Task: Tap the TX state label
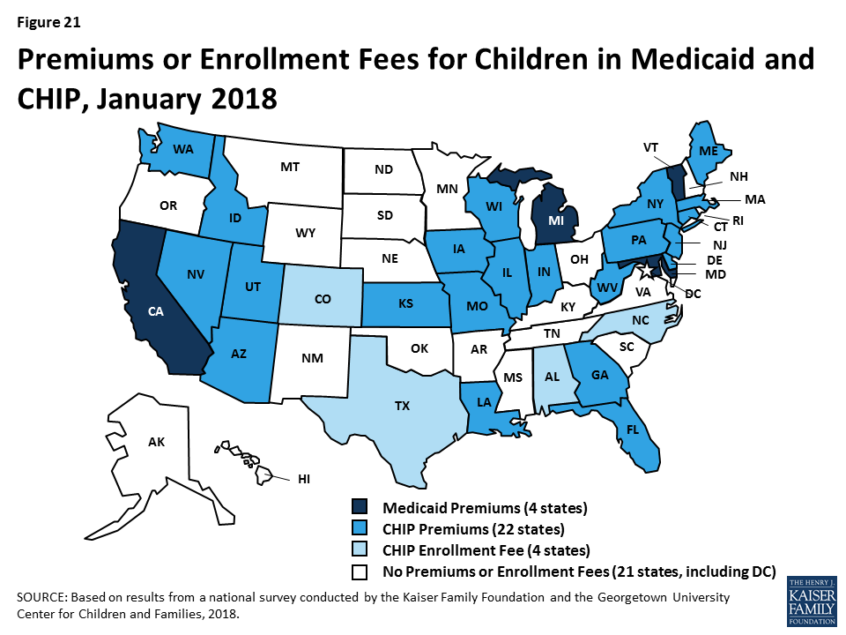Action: [x=403, y=407]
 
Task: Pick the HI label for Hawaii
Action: [x=304, y=479]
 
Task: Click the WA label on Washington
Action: [x=183, y=150]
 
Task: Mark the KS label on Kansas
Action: [x=406, y=303]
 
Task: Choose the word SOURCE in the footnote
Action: [x=41, y=597]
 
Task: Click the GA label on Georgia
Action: [x=600, y=374]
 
